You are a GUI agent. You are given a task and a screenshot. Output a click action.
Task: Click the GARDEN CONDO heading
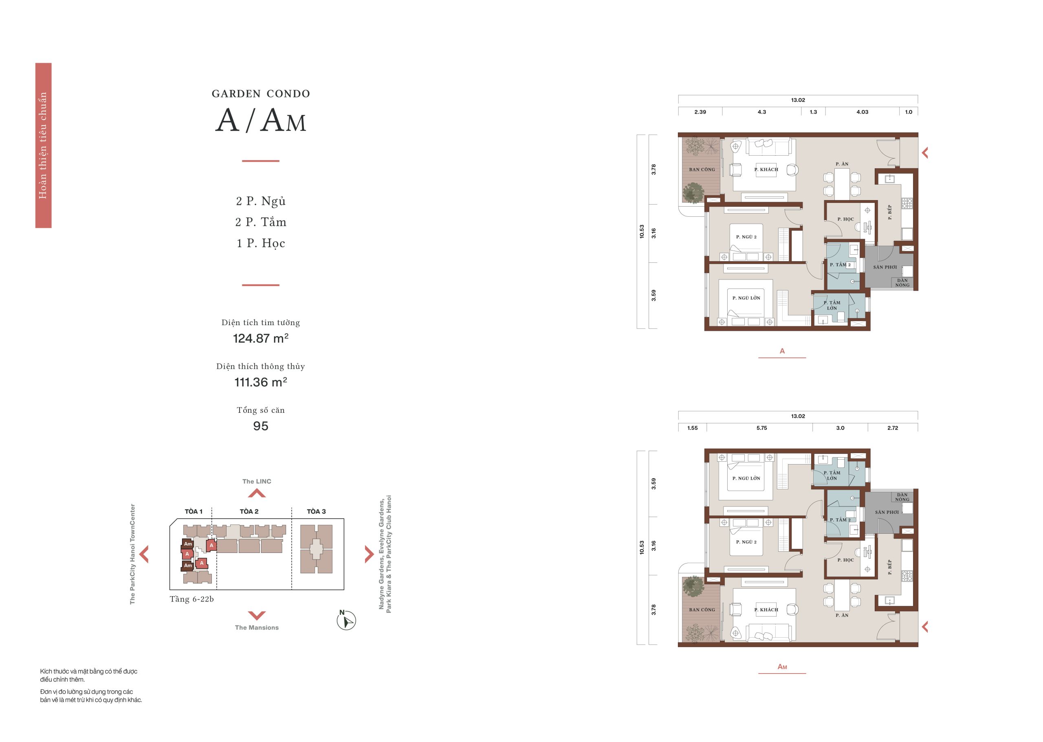pyautogui.click(x=260, y=94)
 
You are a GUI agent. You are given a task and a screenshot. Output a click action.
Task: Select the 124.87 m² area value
pyautogui.click(x=260, y=338)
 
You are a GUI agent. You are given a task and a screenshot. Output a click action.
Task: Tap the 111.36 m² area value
pyautogui.click(x=260, y=382)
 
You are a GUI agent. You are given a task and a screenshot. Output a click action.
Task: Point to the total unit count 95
pyautogui.click(x=260, y=426)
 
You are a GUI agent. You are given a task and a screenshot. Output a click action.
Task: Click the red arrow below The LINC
pyautogui.click(x=257, y=493)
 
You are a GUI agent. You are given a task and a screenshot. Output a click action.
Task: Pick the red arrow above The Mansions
pyautogui.click(x=257, y=615)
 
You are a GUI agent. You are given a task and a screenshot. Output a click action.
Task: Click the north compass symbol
pyautogui.click(x=346, y=620)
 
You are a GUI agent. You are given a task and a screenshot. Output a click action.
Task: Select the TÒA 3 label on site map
pyautogui.click(x=316, y=511)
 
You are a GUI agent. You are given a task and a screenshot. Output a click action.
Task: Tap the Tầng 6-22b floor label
pyautogui.click(x=191, y=599)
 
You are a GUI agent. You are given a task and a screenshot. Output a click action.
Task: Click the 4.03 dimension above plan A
pyautogui.click(x=862, y=112)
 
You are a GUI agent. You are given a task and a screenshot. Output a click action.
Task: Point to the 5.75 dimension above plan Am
pyautogui.click(x=761, y=428)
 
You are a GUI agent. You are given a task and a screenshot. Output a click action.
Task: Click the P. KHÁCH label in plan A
pyautogui.click(x=766, y=170)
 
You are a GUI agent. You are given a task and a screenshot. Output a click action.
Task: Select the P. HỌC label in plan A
pyautogui.click(x=846, y=219)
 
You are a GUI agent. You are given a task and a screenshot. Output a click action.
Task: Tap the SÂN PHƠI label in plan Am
pyautogui.click(x=887, y=512)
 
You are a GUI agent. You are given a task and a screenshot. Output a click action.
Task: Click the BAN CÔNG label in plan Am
pyautogui.click(x=702, y=610)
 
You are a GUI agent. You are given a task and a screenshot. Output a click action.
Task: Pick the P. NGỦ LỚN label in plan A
pyautogui.click(x=746, y=298)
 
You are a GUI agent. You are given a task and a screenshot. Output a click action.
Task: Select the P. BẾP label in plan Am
pyautogui.click(x=889, y=567)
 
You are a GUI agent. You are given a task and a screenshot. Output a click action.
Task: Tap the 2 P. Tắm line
pyautogui.click(x=260, y=222)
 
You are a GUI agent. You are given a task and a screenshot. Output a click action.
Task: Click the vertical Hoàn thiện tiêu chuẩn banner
pyautogui.click(x=44, y=145)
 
